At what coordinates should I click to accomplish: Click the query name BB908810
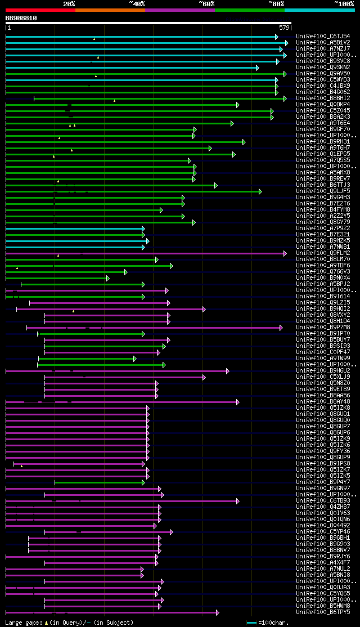(21, 18)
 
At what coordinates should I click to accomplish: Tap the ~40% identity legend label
(137, 4)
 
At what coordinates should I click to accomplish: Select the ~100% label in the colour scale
(344, 4)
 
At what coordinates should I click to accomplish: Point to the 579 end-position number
(283, 28)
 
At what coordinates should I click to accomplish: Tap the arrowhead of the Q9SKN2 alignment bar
(257, 68)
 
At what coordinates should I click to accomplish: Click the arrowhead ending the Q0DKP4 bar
(237, 105)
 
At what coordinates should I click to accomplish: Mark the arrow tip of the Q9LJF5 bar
(260, 191)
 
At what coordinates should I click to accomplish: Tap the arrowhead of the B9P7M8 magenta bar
(281, 328)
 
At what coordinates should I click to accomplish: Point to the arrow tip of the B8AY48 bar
(237, 402)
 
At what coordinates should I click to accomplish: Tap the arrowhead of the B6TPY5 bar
(218, 612)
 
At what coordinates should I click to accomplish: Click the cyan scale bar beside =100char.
(251, 622)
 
